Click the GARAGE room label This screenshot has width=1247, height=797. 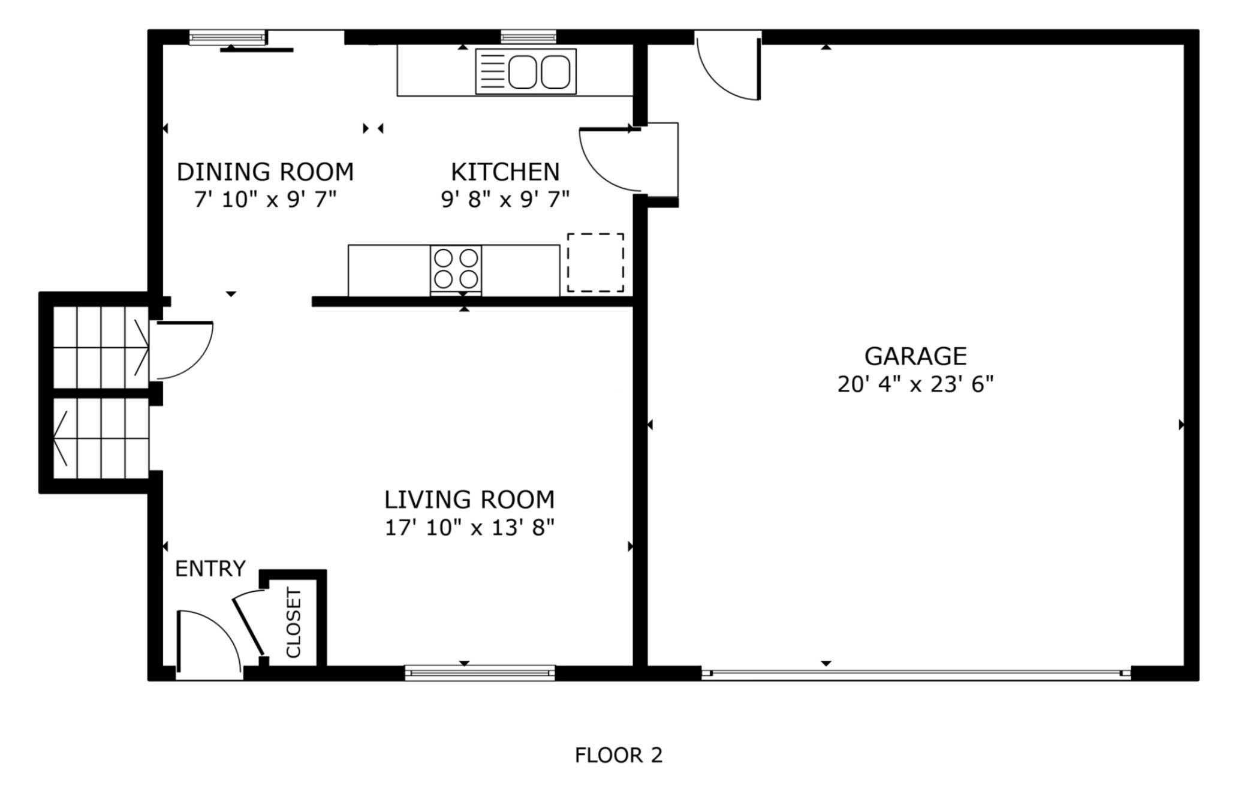[915, 356]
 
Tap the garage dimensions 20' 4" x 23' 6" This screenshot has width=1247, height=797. [915, 384]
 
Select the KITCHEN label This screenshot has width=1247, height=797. [505, 172]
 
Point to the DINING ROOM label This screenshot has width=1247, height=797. [265, 172]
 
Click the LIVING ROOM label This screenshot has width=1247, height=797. [469, 500]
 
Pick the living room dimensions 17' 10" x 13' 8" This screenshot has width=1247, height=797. [469, 528]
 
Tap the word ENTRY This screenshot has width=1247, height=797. [210, 569]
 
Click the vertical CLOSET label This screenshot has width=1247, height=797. [294, 622]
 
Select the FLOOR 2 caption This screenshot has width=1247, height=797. [619, 756]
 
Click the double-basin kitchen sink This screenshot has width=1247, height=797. [526, 71]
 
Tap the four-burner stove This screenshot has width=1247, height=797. [456, 270]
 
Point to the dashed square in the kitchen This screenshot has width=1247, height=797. [595, 263]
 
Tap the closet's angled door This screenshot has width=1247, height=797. [248, 624]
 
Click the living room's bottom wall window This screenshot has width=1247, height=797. [480, 673]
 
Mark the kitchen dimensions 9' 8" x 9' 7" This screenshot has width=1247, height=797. [505, 199]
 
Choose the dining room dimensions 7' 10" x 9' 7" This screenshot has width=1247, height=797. [265, 199]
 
